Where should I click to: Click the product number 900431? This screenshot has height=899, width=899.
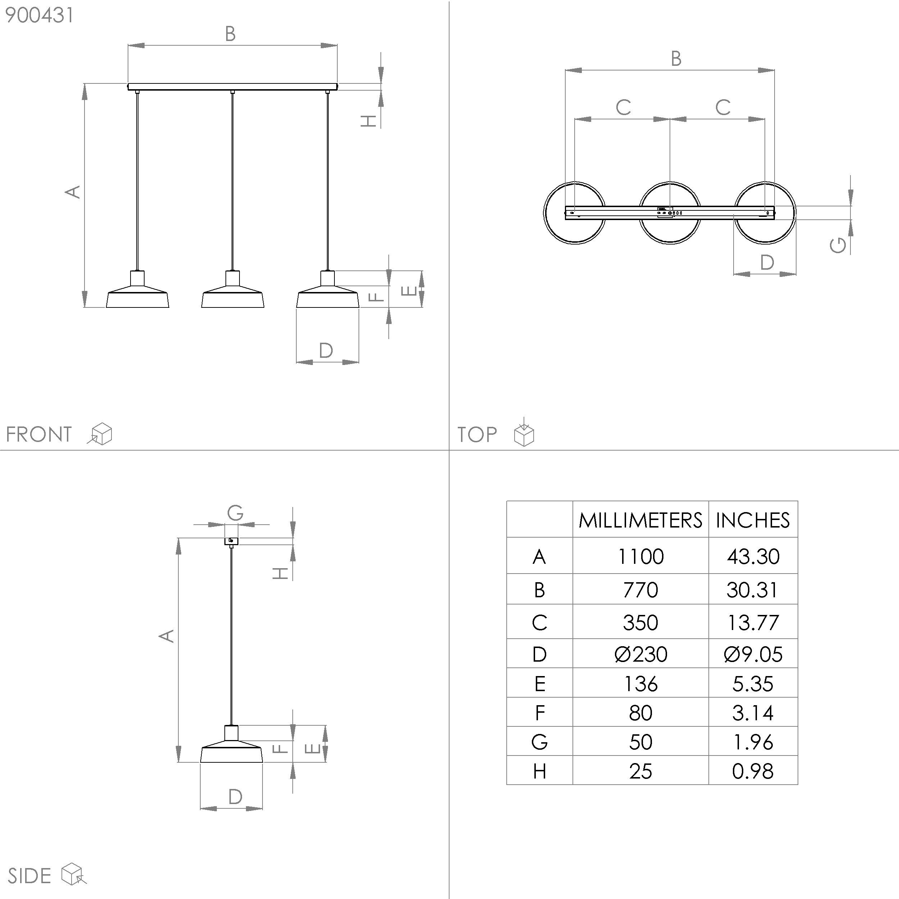pos(39,15)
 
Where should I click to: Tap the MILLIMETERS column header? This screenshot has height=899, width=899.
pos(640,520)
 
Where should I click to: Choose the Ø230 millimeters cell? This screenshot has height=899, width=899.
pos(640,654)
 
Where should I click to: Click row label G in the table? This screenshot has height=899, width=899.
pos(539,742)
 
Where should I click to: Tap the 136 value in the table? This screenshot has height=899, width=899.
pos(640,684)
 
